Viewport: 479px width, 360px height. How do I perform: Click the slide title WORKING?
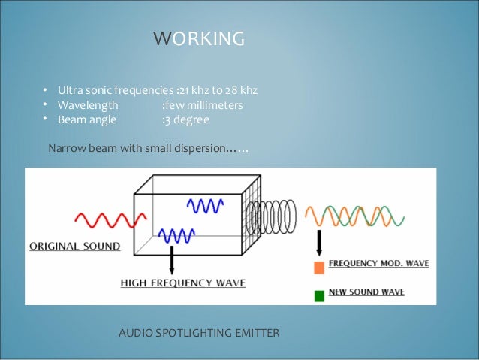(198, 38)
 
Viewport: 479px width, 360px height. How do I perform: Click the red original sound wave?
(104, 219)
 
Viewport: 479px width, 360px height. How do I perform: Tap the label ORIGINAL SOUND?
(74, 246)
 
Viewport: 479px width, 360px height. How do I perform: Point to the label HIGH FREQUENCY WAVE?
(183, 283)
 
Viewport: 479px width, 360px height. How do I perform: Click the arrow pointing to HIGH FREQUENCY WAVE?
(173, 259)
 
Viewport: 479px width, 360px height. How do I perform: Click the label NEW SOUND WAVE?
(368, 293)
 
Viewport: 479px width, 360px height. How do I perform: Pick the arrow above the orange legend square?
(319, 243)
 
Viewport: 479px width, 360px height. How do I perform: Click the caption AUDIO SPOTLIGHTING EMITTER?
(199, 332)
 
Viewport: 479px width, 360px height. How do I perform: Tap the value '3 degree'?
(187, 120)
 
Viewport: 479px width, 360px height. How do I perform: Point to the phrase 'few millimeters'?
(203, 105)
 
